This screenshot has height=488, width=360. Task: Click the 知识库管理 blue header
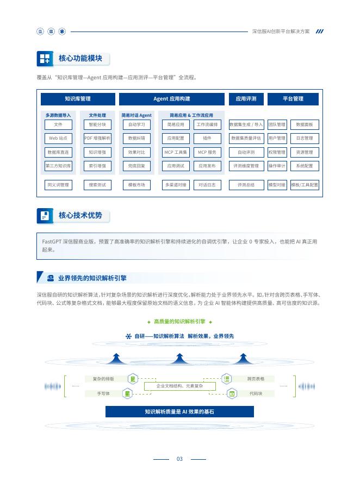[x=78, y=99]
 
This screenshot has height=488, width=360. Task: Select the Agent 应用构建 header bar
[x=171, y=99]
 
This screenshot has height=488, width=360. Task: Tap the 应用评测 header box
[x=246, y=99]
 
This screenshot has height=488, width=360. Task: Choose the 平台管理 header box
[x=293, y=99]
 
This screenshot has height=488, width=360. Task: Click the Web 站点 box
[x=58, y=139]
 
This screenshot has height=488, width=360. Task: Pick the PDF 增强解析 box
[x=97, y=139]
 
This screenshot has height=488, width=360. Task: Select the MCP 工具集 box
[x=176, y=152]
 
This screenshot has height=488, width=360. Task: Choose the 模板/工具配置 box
[x=305, y=185]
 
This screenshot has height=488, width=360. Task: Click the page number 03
[x=179, y=459]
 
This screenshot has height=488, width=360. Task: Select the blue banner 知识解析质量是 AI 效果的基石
[x=179, y=412]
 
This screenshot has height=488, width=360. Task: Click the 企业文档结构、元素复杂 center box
[x=179, y=386]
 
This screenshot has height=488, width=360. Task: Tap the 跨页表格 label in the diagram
[x=256, y=378]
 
